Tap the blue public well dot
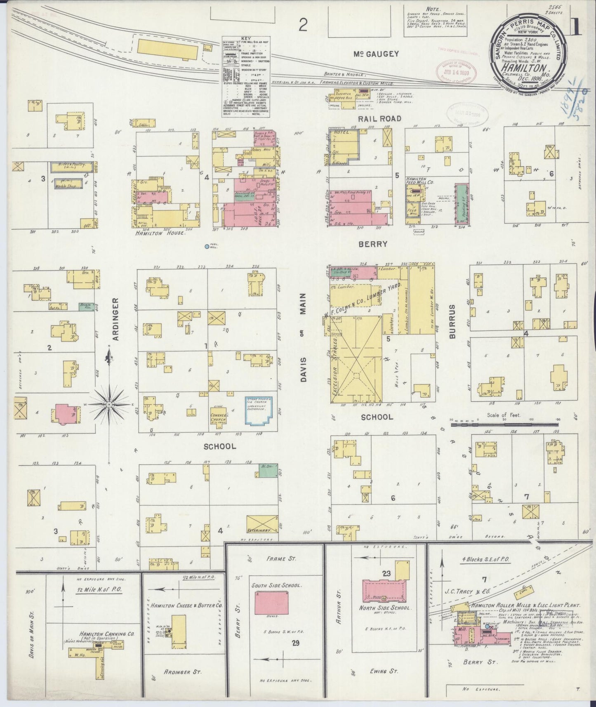point(207,247)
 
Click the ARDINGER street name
point(115,319)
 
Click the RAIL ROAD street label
point(379,118)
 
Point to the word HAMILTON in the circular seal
point(530,68)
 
